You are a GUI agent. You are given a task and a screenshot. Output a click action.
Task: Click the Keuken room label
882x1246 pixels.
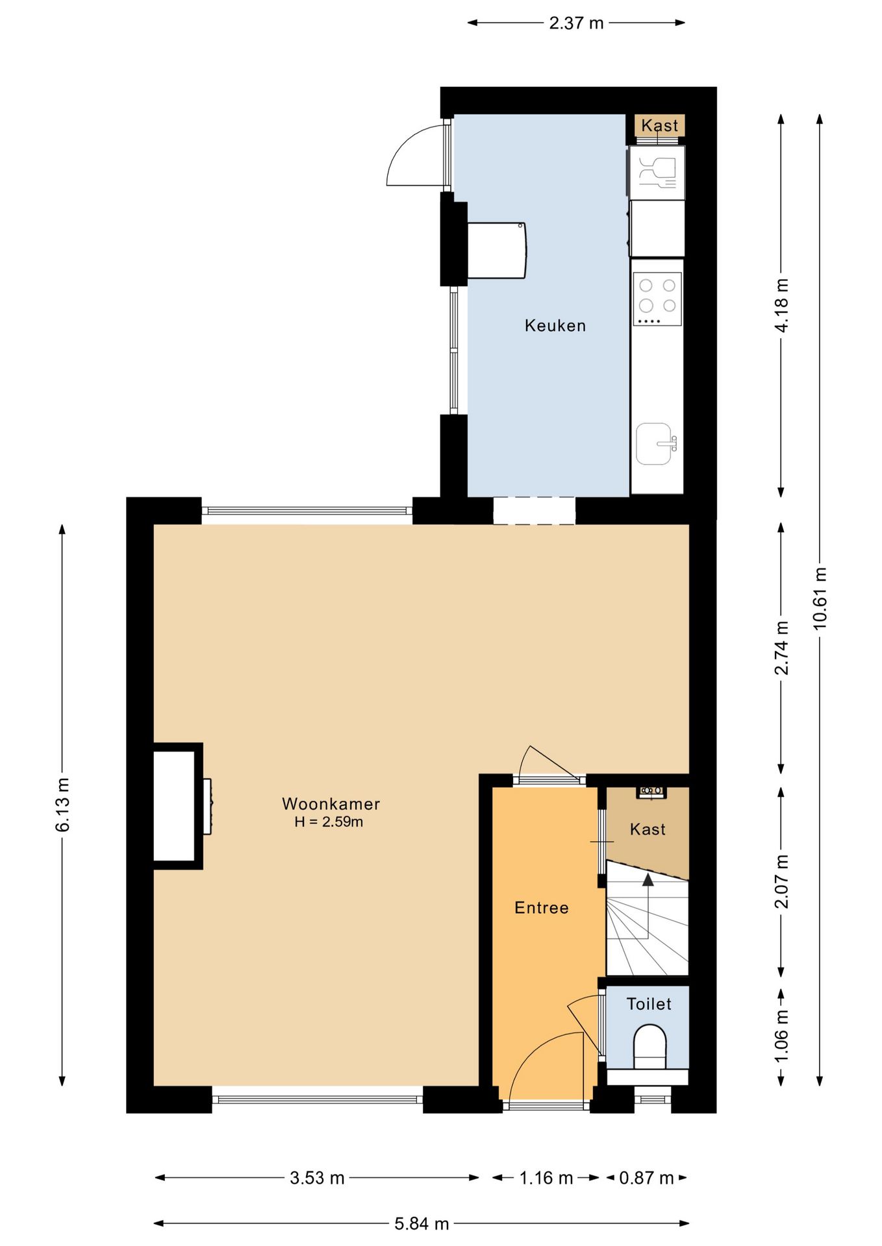point(555,325)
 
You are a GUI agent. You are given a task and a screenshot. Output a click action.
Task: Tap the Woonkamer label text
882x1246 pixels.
point(331,803)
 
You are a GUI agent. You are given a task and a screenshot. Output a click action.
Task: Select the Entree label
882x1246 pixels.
point(541,907)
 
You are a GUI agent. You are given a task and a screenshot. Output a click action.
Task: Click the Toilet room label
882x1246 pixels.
point(648,1004)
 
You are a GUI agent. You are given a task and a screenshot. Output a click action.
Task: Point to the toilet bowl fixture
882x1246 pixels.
point(649,1045)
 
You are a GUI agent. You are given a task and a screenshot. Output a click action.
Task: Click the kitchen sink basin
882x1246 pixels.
point(654,444)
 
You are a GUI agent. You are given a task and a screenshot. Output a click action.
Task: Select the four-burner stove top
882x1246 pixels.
point(657,299)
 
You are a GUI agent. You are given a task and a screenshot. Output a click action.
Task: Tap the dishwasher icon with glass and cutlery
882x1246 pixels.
point(657,173)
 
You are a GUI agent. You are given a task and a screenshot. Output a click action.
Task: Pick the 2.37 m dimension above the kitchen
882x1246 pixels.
point(576,23)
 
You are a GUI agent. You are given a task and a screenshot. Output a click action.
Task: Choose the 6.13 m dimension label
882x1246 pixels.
point(62,804)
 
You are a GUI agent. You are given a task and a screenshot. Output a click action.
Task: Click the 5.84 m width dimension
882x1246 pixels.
point(422,1223)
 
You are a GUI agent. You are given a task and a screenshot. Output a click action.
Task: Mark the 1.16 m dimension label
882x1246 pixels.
point(546,1177)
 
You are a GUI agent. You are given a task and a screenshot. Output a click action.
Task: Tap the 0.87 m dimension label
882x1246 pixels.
point(646,1177)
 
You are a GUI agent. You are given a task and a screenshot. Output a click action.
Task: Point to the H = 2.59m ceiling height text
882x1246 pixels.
point(329,822)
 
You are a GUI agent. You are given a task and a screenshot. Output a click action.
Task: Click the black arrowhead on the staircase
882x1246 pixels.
point(648,879)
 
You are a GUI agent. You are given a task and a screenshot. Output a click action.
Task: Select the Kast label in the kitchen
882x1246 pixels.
point(659,125)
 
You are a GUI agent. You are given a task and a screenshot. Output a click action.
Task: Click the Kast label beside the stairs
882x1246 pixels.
point(648,829)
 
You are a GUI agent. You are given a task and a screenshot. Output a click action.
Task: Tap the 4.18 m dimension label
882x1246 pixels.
point(781,305)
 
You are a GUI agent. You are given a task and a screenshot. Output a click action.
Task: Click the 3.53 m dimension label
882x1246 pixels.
point(317,1177)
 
